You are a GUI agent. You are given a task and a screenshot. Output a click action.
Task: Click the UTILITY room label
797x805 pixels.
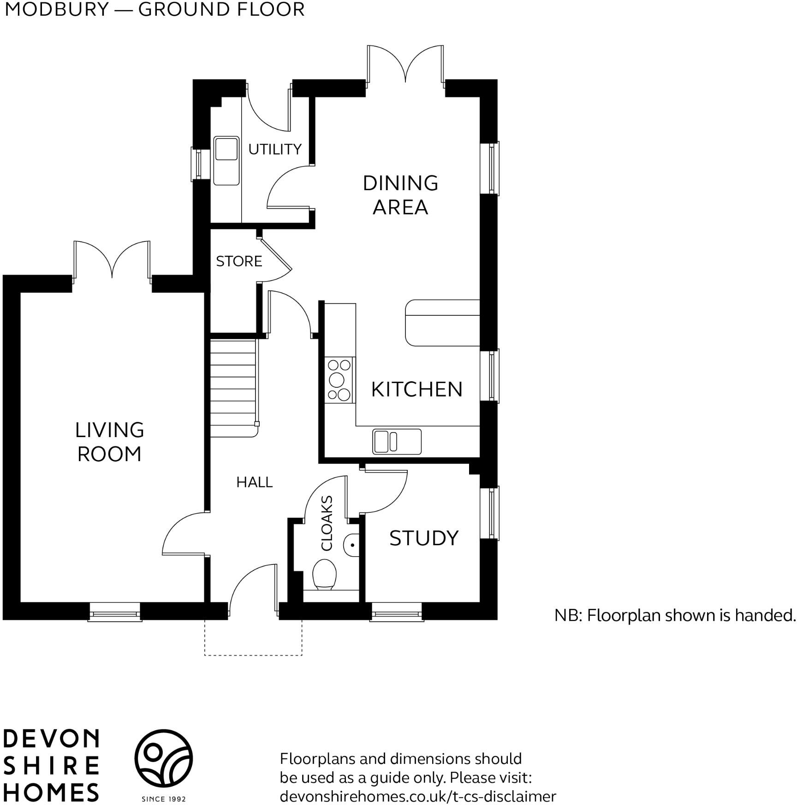[x=274, y=149]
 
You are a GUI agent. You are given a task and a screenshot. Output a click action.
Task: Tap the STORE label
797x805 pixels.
[x=239, y=261]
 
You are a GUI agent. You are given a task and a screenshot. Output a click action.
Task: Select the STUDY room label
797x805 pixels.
[x=424, y=538]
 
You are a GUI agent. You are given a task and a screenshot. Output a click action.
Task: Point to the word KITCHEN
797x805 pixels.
[x=416, y=390]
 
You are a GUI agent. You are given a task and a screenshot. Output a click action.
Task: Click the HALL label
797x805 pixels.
[x=254, y=482]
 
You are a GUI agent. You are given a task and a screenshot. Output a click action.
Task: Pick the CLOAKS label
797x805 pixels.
[x=327, y=523]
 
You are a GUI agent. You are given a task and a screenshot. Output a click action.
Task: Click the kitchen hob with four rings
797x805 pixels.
[x=339, y=380]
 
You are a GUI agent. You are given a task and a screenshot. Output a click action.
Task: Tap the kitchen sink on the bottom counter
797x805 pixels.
[x=397, y=442]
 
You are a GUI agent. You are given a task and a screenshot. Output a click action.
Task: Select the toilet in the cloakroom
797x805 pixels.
[x=324, y=575]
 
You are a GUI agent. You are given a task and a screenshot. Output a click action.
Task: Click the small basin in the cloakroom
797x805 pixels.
[x=352, y=545]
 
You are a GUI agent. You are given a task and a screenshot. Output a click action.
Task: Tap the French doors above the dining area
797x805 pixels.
[x=405, y=65]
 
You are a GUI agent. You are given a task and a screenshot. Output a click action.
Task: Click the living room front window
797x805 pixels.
[x=114, y=612]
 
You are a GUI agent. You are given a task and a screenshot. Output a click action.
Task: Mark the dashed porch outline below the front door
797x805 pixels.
[x=253, y=655]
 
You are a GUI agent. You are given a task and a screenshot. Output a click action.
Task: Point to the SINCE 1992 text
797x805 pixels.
[x=164, y=799]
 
